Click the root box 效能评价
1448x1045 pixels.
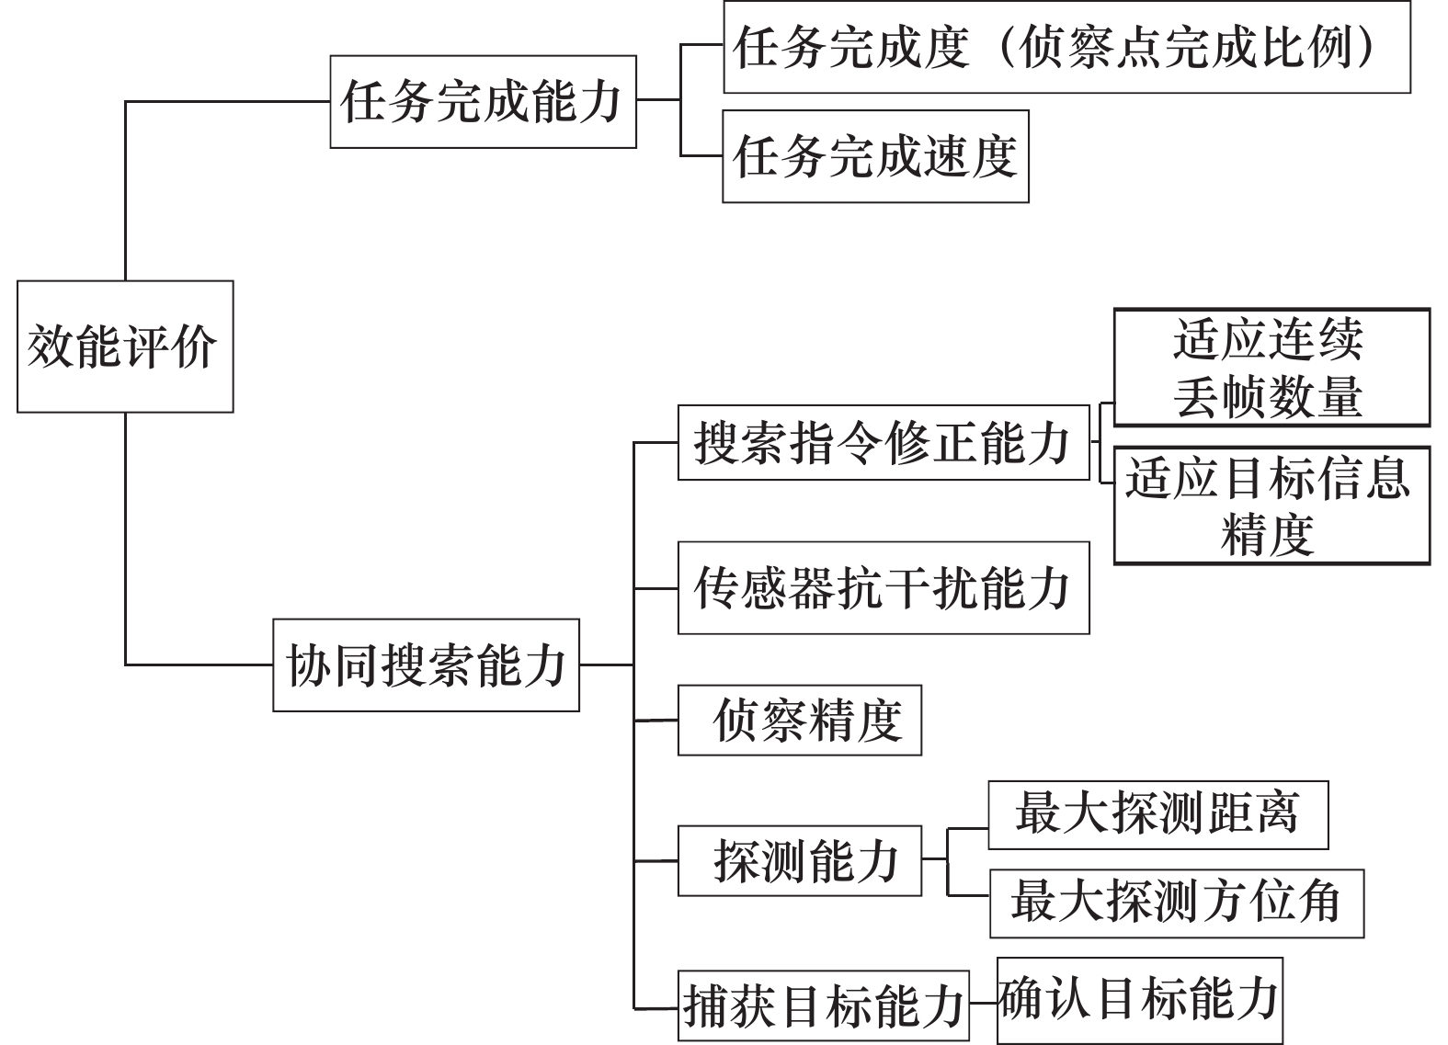coord(125,346)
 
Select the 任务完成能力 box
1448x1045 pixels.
coord(483,101)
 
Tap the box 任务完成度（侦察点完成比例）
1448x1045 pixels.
coord(1066,47)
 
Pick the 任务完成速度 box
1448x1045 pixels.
coord(875,156)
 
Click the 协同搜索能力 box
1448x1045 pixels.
coord(426,665)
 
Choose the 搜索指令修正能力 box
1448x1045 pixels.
coord(884,443)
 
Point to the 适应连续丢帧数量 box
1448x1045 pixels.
coord(1271,367)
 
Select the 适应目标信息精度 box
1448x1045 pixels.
coord(1271,505)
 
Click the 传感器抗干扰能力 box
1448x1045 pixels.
coord(884,588)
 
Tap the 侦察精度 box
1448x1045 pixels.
coord(800,720)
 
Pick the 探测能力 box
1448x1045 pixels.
coord(800,860)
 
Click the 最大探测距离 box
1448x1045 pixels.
coord(1158,815)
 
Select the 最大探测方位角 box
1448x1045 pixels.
coord(1177,903)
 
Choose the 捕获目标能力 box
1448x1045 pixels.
coord(824,1005)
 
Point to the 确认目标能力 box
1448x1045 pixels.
coord(1140,1000)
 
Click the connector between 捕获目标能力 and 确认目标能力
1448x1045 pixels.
coord(983,1003)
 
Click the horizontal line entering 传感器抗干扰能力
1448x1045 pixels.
coord(656,589)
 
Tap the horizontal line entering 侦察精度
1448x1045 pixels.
coord(656,720)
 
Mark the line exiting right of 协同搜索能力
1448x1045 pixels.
coord(607,664)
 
